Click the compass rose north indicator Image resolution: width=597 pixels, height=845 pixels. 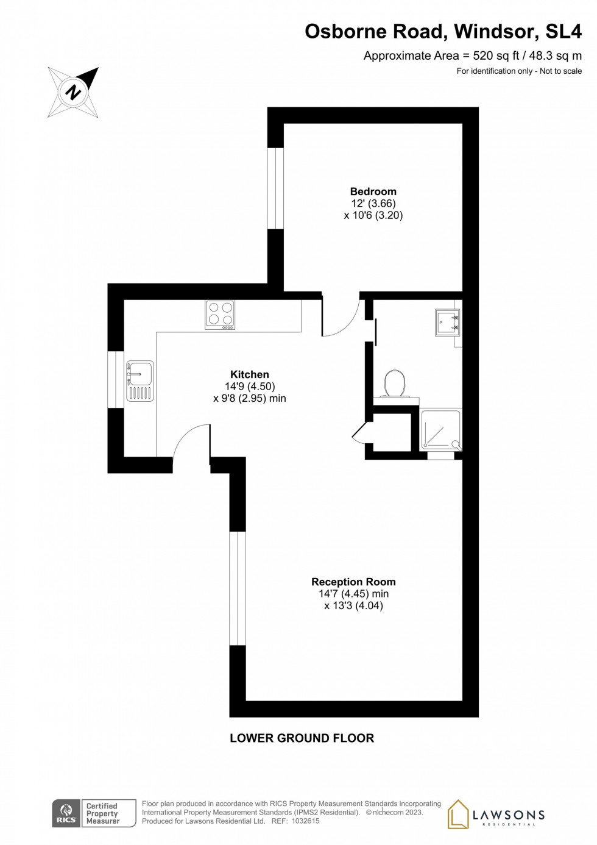click(x=74, y=92)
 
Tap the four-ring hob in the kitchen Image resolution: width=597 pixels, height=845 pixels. click(x=220, y=315)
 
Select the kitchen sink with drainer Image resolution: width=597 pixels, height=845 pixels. click(x=140, y=381)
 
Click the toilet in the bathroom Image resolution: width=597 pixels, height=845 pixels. click(x=395, y=383)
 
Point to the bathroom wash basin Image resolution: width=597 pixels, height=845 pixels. click(x=447, y=323)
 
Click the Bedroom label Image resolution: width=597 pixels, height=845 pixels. click(x=373, y=191)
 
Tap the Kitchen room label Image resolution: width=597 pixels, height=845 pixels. click(x=249, y=374)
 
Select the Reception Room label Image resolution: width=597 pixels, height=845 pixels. click(x=353, y=582)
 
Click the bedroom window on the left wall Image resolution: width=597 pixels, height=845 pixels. click(x=275, y=188)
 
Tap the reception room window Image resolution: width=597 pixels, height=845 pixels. click(x=238, y=588)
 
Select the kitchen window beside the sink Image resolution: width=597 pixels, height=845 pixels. click(x=116, y=379)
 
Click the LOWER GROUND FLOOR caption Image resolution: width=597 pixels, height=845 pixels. click(x=302, y=738)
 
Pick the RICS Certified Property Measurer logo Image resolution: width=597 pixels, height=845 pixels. click(x=94, y=813)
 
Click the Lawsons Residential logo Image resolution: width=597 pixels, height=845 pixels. click(x=496, y=815)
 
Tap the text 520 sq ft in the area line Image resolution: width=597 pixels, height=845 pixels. click(x=496, y=55)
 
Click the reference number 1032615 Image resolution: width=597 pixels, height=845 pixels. click(x=305, y=821)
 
